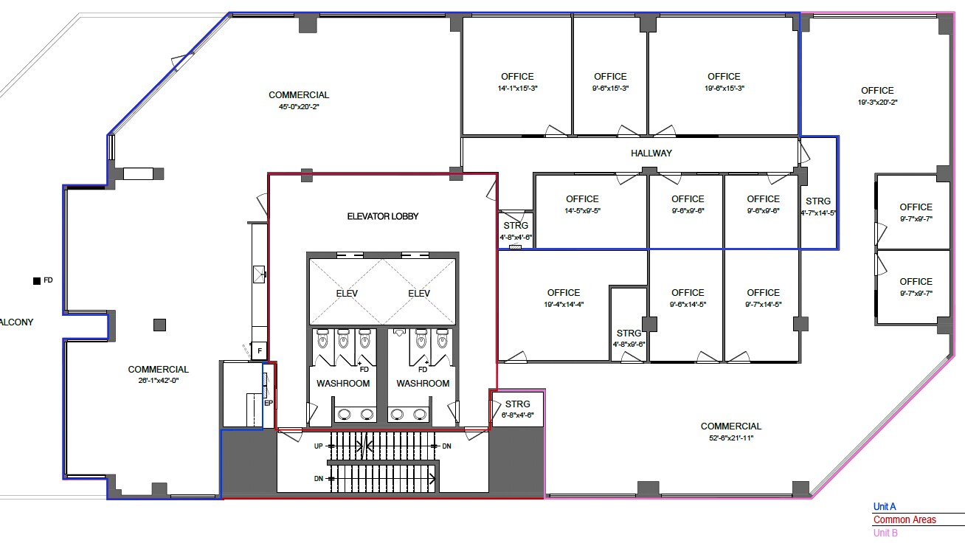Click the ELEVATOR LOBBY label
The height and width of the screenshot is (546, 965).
[x=382, y=216]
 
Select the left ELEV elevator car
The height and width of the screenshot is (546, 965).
[x=346, y=293]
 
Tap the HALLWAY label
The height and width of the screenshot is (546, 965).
[x=651, y=153]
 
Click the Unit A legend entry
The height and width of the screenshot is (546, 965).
[x=884, y=507]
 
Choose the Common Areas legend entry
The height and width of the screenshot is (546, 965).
[x=904, y=519]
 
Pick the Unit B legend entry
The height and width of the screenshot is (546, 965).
[x=885, y=533]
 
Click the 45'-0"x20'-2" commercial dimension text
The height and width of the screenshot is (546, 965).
[x=299, y=107]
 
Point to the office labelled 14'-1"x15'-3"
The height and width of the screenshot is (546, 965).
[x=516, y=82]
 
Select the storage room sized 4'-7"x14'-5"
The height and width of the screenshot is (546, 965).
[x=817, y=206]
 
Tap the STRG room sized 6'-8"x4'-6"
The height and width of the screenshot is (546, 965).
[x=518, y=409]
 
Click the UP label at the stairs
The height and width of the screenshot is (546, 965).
[x=318, y=446]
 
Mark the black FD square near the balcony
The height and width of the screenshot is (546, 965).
[x=35, y=280]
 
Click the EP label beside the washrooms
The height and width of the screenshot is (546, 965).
[x=269, y=403]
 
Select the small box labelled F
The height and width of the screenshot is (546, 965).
[x=259, y=351]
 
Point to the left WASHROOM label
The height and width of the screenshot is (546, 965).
[x=343, y=384]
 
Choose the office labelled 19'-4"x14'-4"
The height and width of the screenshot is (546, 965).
[x=563, y=298]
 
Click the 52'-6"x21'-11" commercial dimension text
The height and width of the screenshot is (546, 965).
[x=730, y=438]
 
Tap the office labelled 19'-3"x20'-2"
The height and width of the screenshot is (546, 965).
[x=876, y=96]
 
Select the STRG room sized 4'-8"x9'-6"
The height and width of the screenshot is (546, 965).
[x=629, y=339]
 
